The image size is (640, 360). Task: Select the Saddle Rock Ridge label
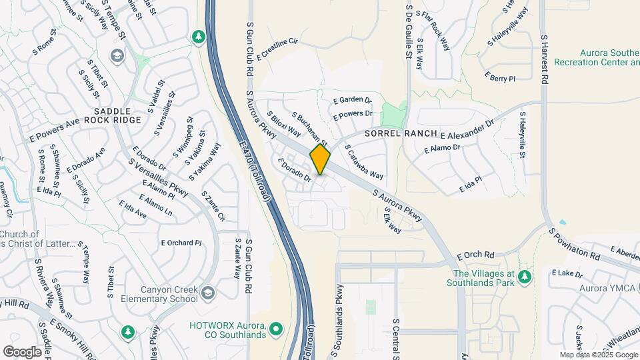pos(117,115)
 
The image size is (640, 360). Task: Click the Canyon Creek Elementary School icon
pos(209,293)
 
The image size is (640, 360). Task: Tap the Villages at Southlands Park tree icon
pos(525,276)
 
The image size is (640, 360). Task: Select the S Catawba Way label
pos(364,162)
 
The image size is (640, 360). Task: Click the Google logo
pos(22,351)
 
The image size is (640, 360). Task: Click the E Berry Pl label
pos(501,78)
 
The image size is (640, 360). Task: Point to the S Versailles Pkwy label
pos(158,179)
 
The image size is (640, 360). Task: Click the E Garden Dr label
pos(352,100)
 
